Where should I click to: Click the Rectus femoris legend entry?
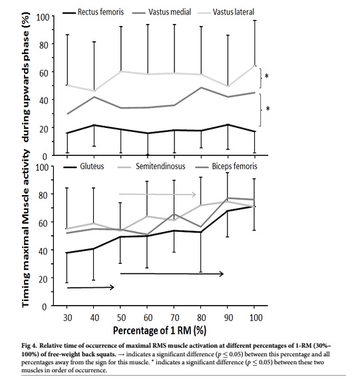(x=93, y=12)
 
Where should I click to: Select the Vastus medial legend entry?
(x=161, y=12)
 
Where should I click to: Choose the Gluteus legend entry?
(x=84, y=167)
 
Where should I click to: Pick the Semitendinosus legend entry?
(x=151, y=167)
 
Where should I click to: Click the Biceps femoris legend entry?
(x=226, y=167)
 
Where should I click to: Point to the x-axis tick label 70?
(x=174, y=318)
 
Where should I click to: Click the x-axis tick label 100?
(x=256, y=318)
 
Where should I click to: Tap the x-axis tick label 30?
(x=68, y=318)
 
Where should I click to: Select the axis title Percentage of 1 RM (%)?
(x=160, y=330)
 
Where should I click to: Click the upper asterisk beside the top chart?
(x=267, y=76)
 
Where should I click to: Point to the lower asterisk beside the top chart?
(x=268, y=109)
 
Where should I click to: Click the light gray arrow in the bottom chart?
(x=158, y=194)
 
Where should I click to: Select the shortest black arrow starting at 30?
(x=90, y=288)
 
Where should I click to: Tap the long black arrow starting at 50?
(x=172, y=274)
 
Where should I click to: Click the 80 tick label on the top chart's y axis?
(x=44, y=45)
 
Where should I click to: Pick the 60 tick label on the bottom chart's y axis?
(x=44, y=223)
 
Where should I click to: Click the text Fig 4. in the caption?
(x=29, y=346)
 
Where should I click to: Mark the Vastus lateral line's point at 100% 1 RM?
(x=255, y=66)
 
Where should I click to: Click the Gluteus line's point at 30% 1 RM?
(x=67, y=252)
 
